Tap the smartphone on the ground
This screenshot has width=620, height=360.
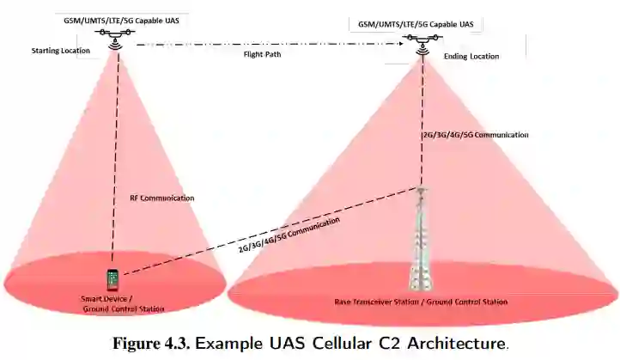click(112, 279)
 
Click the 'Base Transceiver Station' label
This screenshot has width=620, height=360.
click(421, 302)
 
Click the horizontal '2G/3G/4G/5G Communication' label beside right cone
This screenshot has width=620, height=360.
click(475, 135)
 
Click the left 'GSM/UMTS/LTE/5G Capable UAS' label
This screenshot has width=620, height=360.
click(113, 18)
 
